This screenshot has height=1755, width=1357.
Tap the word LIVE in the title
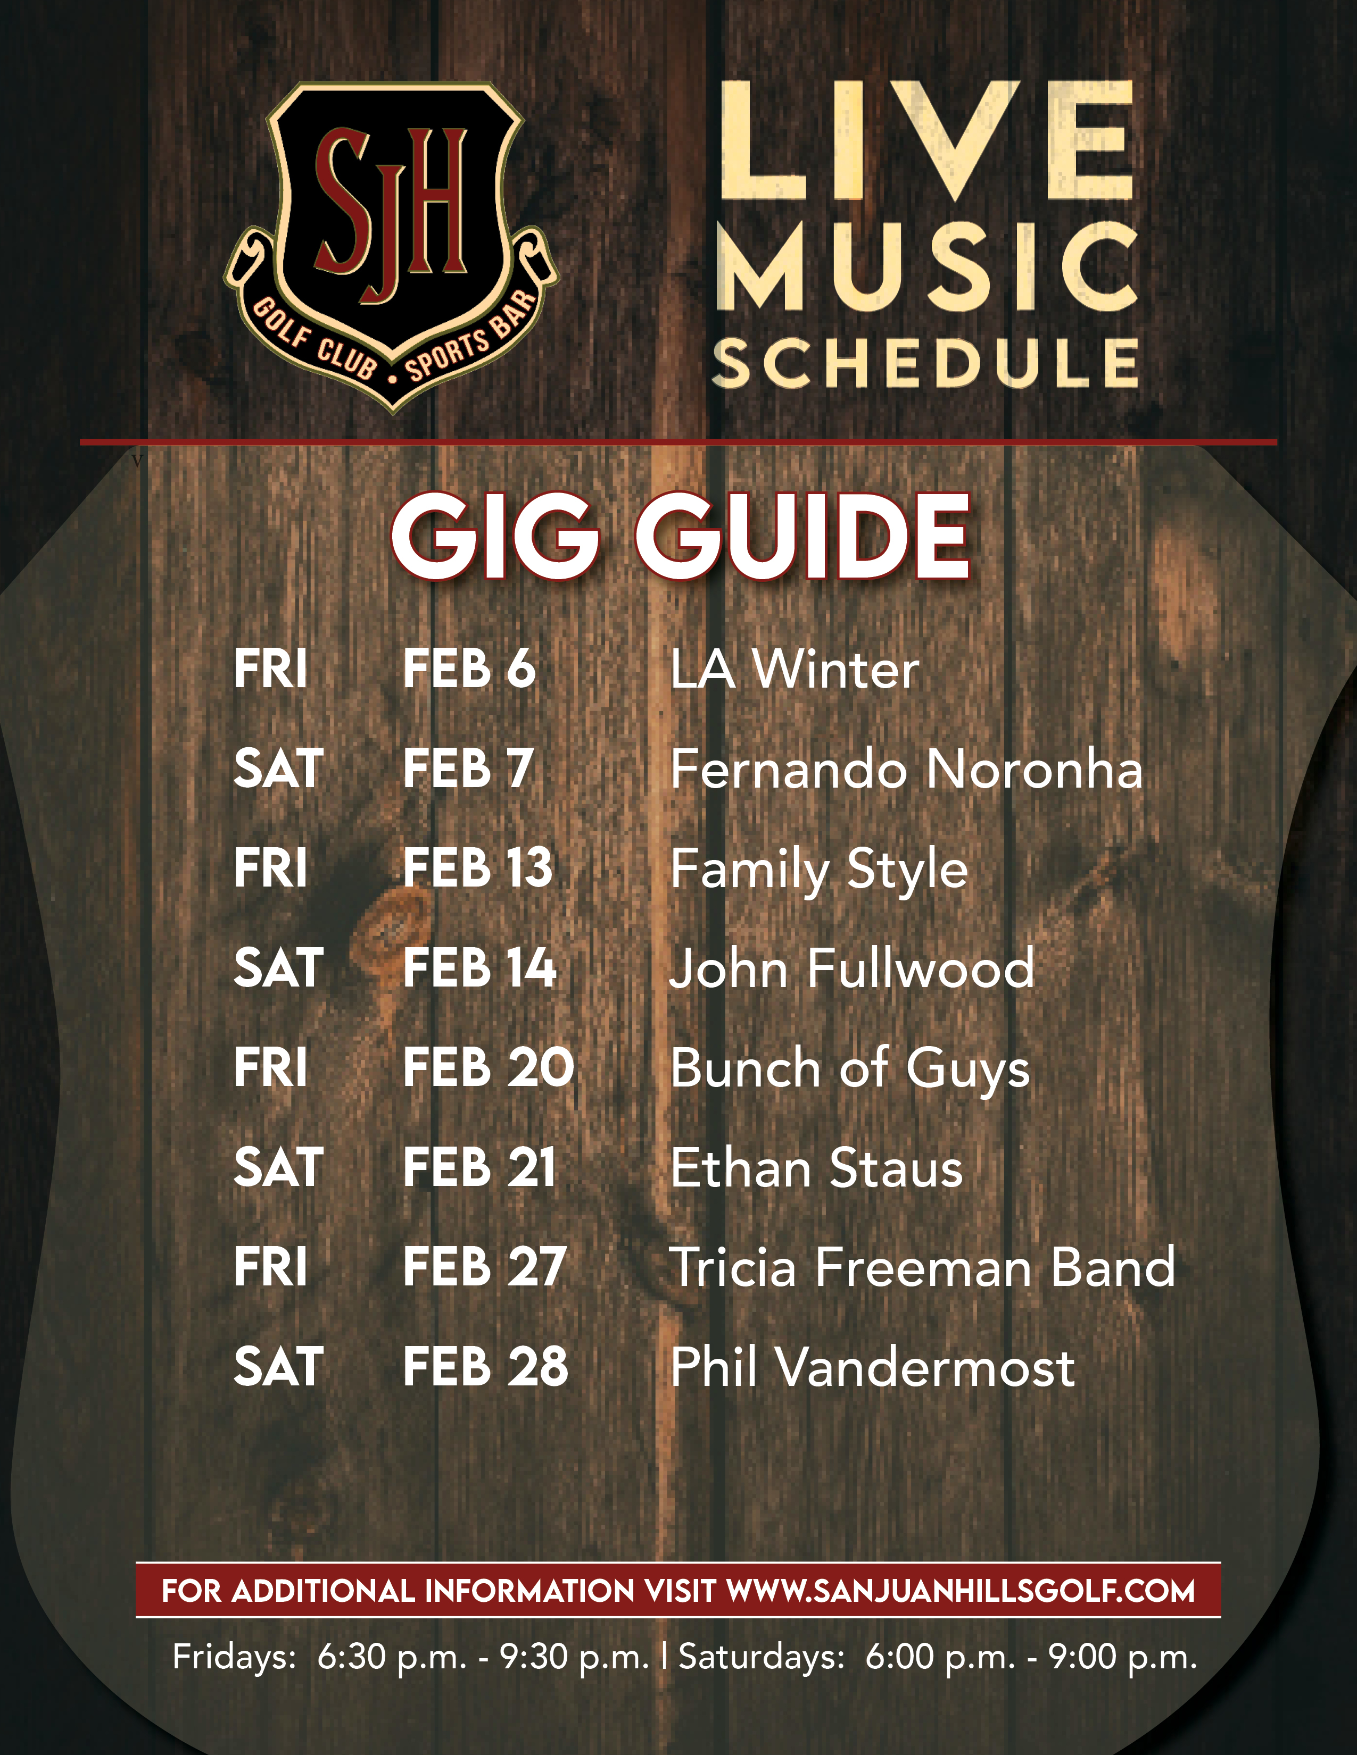pos(924,140)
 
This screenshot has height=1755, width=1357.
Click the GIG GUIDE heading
pos(680,536)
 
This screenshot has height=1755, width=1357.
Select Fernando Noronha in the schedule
pos(906,769)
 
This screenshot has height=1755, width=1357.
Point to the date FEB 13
pos(477,868)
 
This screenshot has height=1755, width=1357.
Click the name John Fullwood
pos(851,968)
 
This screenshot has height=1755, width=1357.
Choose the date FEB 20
pos(489,1068)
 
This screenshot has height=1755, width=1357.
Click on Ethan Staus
pos(816,1167)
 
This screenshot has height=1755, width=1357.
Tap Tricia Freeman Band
pos(922,1267)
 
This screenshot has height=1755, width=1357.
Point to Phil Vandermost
pos(872,1367)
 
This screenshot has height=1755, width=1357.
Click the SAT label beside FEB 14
pos(278,968)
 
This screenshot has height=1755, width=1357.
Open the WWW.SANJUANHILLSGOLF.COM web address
pos(960,1591)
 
